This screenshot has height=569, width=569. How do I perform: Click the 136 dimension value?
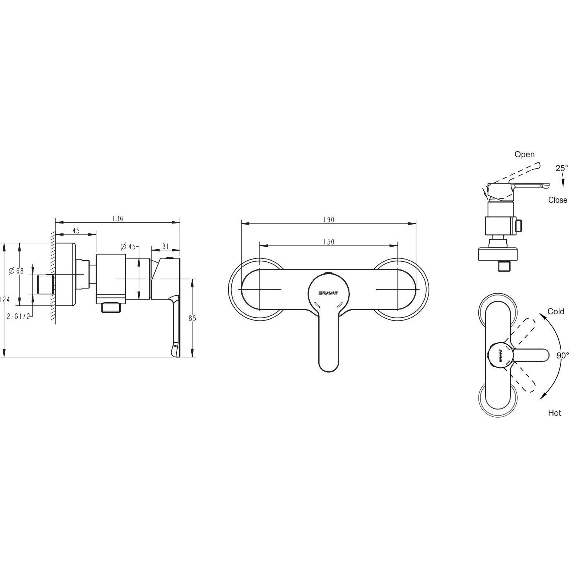[x=118, y=219]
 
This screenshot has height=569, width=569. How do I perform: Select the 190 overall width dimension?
[x=329, y=220]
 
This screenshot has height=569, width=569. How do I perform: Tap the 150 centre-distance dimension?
[x=329, y=242]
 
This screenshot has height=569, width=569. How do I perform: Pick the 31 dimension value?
[x=165, y=246]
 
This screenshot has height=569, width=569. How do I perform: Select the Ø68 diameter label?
[x=16, y=271]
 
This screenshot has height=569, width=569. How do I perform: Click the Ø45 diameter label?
[x=128, y=246]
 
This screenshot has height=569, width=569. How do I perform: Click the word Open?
[x=524, y=154]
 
